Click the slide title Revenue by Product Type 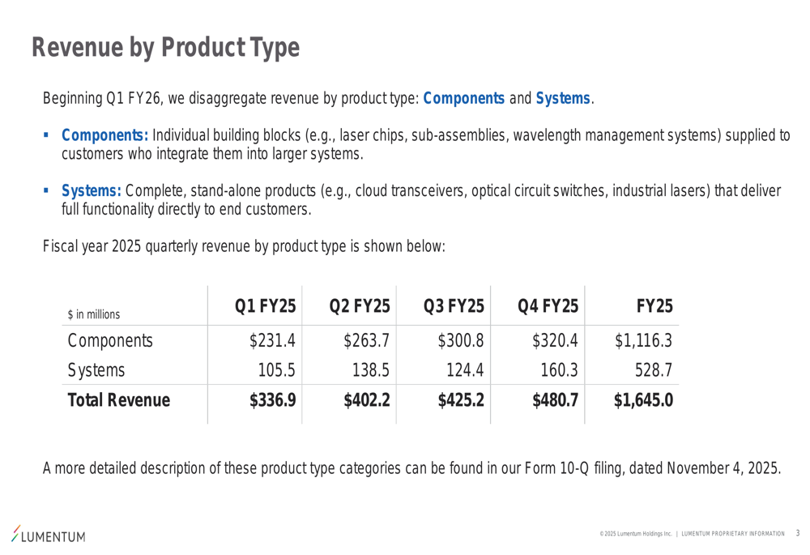pyautogui.click(x=165, y=48)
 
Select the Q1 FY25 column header pyautogui.click(x=265, y=307)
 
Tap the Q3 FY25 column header pyautogui.click(x=454, y=307)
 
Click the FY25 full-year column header pyautogui.click(x=654, y=307)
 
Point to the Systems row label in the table pyautogui.click(x=96, y=370)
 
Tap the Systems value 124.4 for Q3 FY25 pyautogui.click(x=465, y=370)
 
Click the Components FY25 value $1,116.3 pyautogui.click(x=644, y=340)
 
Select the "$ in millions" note pyautogui.click(x=94, y=314)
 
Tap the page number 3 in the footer pyautogui.click(x=797, y=533)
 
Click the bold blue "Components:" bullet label pyautogui.click(x=104, y=135)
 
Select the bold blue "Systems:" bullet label pyautogui.click(x=92, y=191)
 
